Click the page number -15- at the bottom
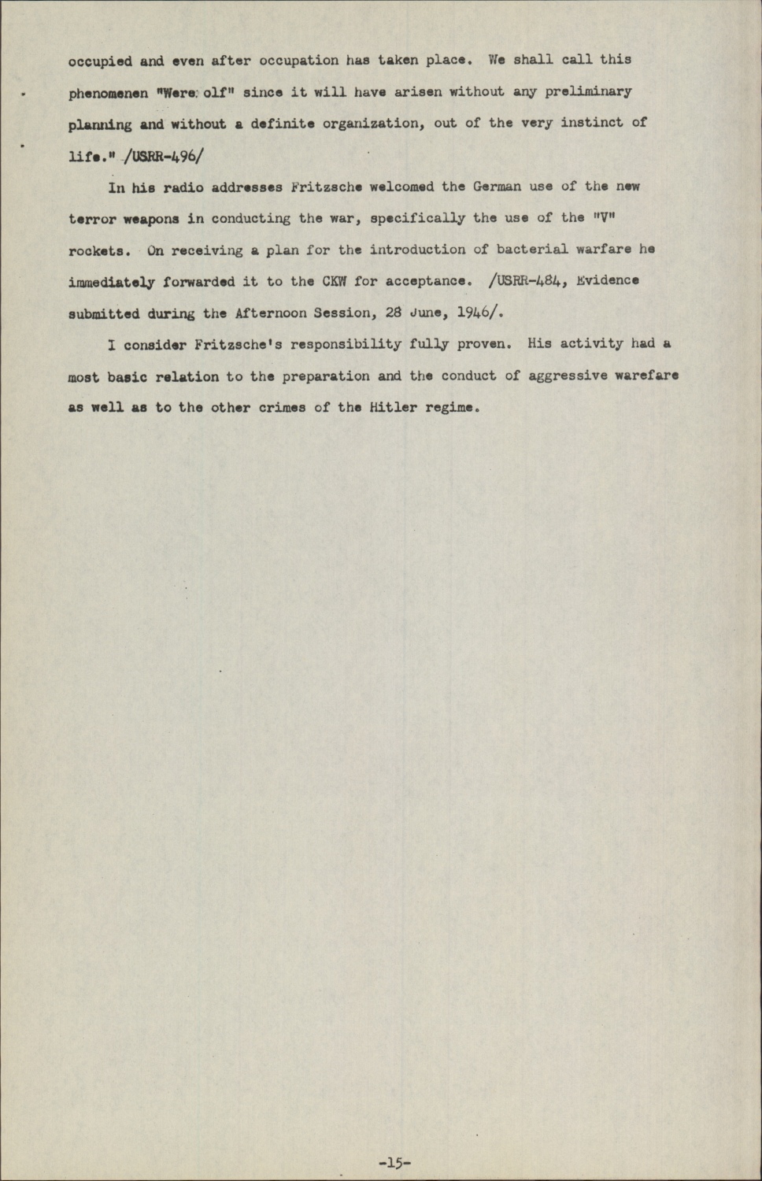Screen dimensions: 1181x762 point(395,1162)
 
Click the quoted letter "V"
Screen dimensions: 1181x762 point(595,218)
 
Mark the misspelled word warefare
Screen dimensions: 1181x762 point(646,375)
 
